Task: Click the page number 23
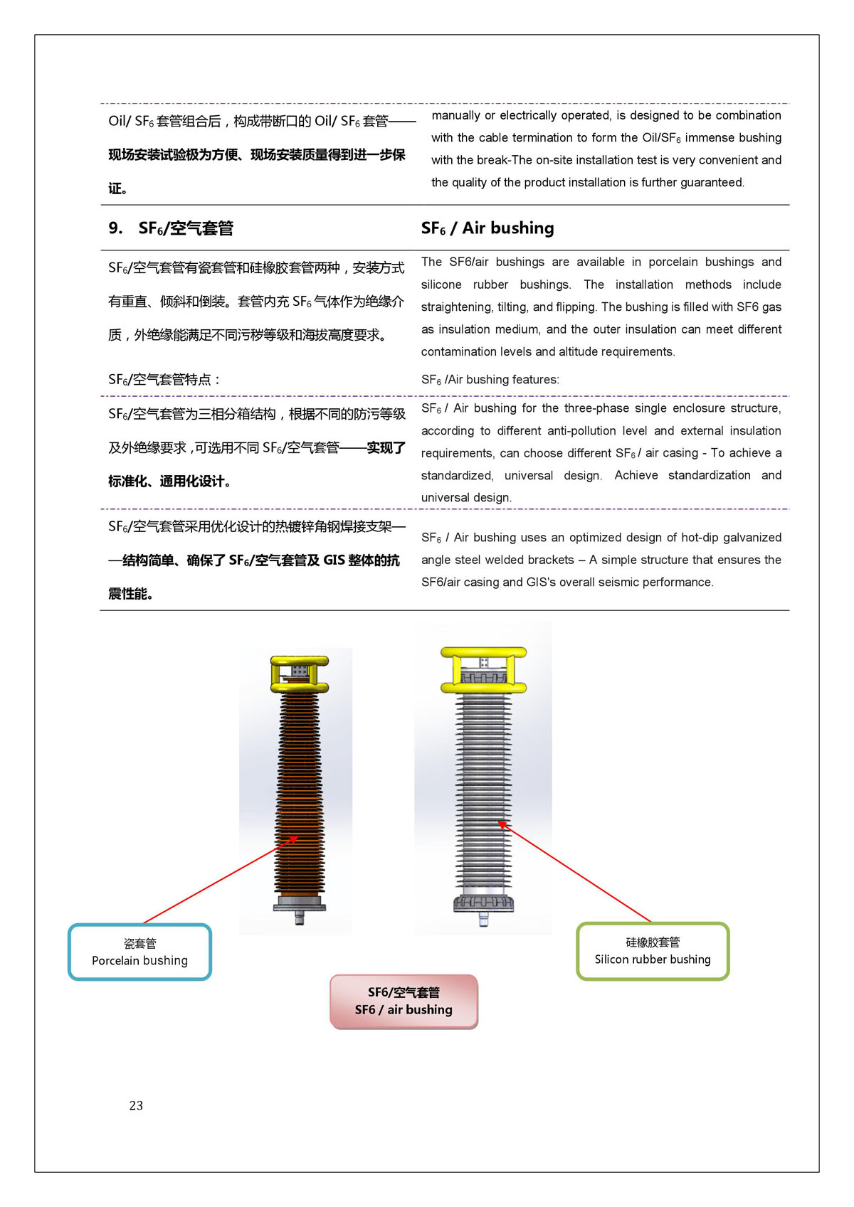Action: [136, 1105]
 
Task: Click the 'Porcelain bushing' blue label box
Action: [139, 952]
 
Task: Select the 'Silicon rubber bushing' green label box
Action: [653, 951]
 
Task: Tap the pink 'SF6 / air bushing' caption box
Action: [404, 1001]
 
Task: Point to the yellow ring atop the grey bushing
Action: [483, 669]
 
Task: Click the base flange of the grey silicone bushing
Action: [483, 904]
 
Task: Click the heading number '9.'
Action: [115, 228]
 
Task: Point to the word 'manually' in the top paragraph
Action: [455, 115]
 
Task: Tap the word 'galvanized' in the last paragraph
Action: [752, 538]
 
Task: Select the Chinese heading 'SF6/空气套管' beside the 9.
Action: [186, 228]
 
